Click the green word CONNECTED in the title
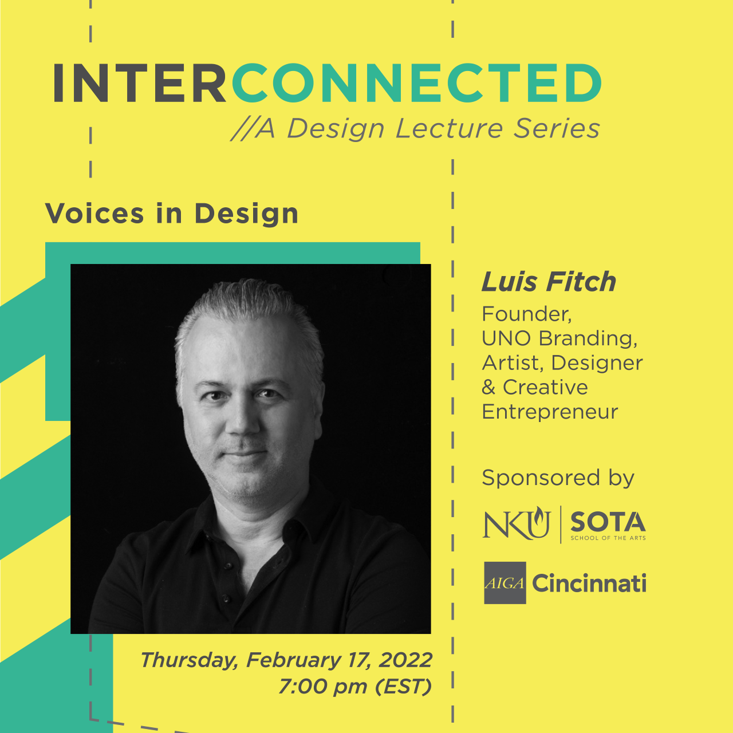point(416,84)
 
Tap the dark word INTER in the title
point(140,84)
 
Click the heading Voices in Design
point(172,214)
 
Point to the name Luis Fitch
point(549,282)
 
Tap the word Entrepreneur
point(550,412)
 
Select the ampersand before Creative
point(488,388)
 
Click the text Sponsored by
point(558,478)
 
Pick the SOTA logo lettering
point(608,522)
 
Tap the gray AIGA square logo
point(505,583)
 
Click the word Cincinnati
point(589,584)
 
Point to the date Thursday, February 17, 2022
point(286,660)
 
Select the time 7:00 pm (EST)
point(355,686)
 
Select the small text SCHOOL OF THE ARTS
point(608,538)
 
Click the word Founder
point(526,314)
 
